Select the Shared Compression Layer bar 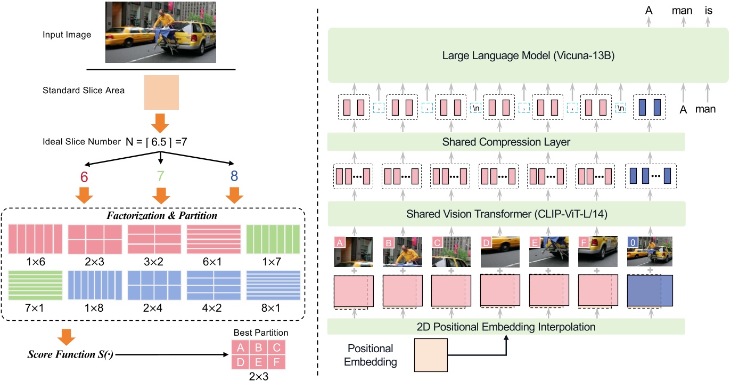click(506, 143)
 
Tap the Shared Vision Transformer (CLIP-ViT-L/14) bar click(506, 215)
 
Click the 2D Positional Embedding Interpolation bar click(506, 326)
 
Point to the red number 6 click(84, 177)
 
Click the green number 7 click(160, 177)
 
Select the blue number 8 click(234, 177)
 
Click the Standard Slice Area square click(161, 92)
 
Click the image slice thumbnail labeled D click(499, 252)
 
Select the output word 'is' click(708, 10)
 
